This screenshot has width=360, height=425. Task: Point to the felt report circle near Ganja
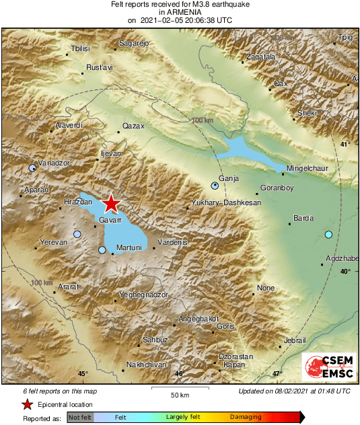215,184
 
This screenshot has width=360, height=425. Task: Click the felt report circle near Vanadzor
32,167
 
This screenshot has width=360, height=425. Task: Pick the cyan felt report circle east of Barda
328,234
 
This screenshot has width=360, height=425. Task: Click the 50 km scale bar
178,389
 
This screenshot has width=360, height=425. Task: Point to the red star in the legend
27,404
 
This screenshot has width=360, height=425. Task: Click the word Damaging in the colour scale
246,418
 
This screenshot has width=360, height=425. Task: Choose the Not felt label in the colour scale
79,418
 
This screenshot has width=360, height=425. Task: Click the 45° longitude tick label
82,374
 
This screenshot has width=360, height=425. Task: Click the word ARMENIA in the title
180,12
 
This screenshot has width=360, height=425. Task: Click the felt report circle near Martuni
102,250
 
